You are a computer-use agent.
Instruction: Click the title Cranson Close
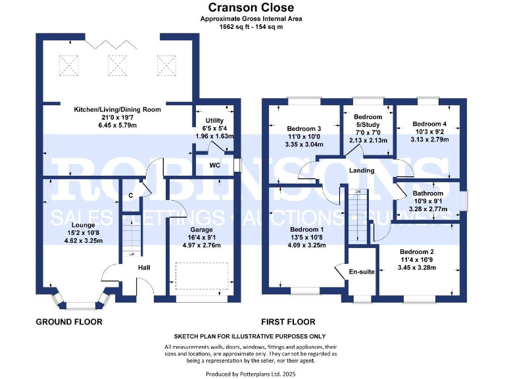251,8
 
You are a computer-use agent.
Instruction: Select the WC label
214,165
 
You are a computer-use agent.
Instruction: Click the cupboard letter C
132,195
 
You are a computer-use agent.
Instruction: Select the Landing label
362,170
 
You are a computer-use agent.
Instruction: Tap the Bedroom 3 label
304,128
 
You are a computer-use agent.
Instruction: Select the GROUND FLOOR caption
69,322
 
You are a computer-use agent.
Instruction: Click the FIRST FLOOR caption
289,322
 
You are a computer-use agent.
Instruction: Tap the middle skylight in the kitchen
117,64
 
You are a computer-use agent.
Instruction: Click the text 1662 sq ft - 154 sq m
251,27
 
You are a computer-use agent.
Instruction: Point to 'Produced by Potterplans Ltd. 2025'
251,374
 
